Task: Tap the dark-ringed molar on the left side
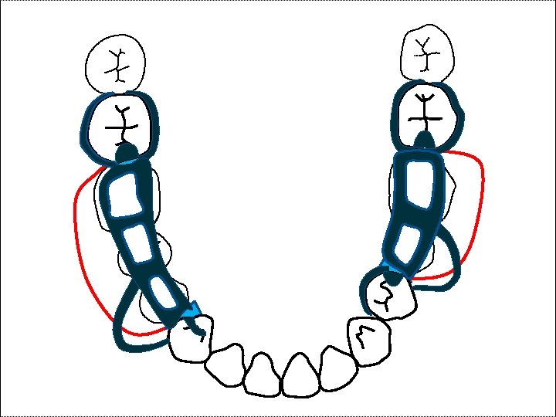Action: point(120,124)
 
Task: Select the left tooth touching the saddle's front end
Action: point(188,339)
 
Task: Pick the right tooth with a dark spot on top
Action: point(389,295)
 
